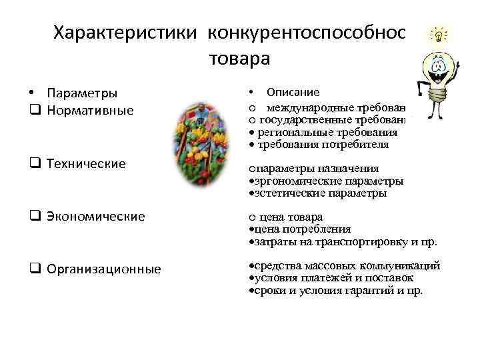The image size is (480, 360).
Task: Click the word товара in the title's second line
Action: (x=240, y=59)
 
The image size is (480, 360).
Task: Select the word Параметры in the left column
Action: (x=83, y=93)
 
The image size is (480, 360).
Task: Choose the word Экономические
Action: (x=96, y=216)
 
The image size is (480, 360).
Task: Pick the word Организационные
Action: (x=104, y=269)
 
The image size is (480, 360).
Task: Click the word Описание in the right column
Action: (x=293, y=92)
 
